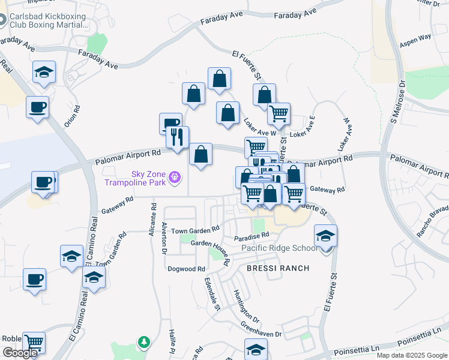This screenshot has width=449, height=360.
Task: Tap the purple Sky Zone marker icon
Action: pyautogui.click(x=175, y=177)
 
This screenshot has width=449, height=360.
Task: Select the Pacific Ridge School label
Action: pyautogui.click(x=280, y=248)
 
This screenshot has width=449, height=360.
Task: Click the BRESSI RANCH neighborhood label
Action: pyautogui.click(x=278, y=268)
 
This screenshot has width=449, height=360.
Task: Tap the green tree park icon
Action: pyautogui.click(x=143, y=343)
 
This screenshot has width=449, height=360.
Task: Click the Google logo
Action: pyautogui.click(x=20, y=353)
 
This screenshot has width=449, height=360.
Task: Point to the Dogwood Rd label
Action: pyautogui.click(x=187, y=269)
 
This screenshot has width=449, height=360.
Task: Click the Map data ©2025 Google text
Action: pyautogui.click(x=411, y=355)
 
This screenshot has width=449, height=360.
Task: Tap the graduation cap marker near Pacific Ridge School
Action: pyautogui.click(x=325, y=236)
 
